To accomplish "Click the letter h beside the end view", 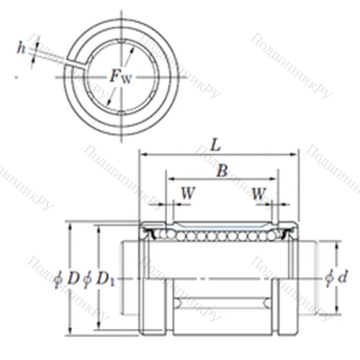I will (x=22, y=48).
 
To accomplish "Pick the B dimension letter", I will (x=222, y=171).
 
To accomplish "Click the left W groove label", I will (x=186, y=193).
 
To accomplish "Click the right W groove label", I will (x=258, y=193).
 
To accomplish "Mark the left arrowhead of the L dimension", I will (x=143, y=154).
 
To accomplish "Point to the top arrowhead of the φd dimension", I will (x=336, y=246).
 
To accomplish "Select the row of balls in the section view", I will (x=216, y=235).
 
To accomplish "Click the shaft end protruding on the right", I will (x=306, y=277).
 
